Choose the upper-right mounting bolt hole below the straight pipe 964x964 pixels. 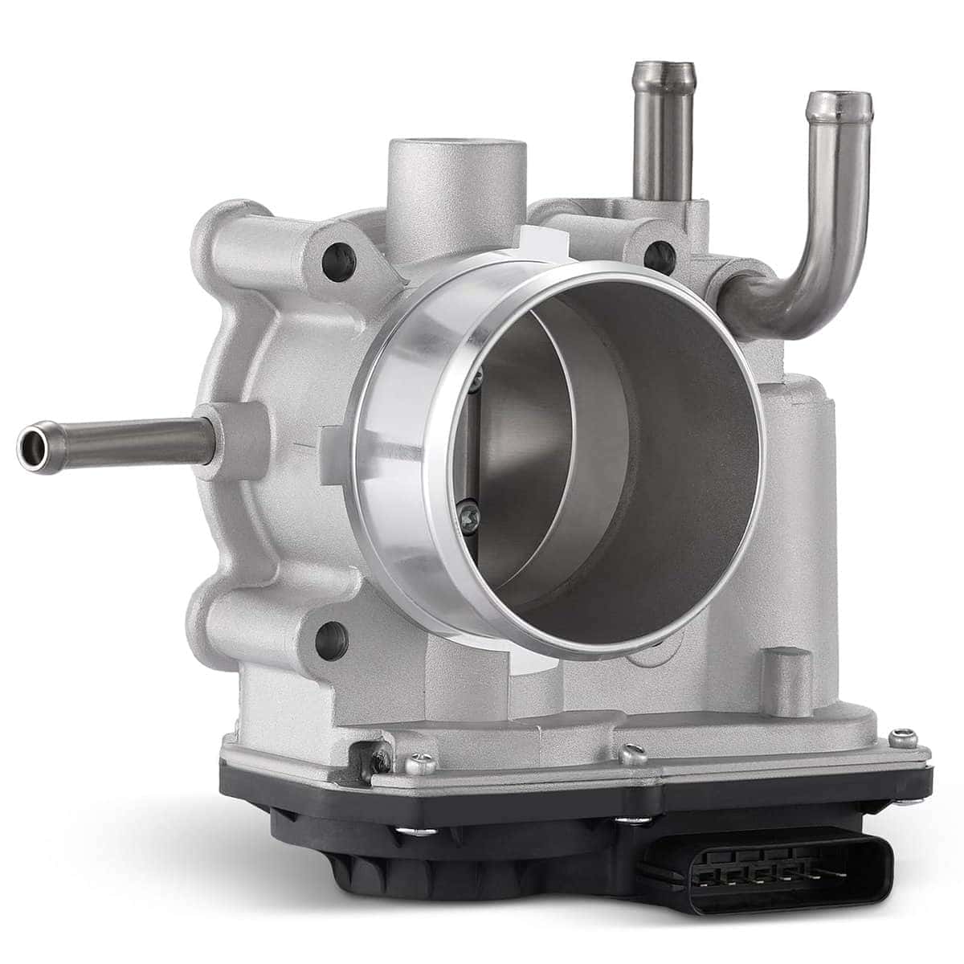coord(660,255)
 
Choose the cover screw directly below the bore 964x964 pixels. coord(633,754)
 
